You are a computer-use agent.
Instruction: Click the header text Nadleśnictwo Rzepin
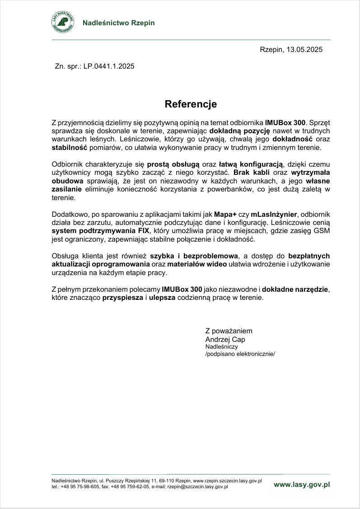pos(118,23)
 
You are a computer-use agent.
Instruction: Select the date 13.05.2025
pos(304,50)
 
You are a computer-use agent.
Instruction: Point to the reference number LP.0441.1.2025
pos(109,66)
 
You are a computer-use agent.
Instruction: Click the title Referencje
pos(191,104)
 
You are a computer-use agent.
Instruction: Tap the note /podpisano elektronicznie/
pos(240,354)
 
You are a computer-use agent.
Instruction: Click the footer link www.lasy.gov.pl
pos(302,484)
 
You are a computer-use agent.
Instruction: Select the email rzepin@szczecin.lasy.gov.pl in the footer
pos(197,487)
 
